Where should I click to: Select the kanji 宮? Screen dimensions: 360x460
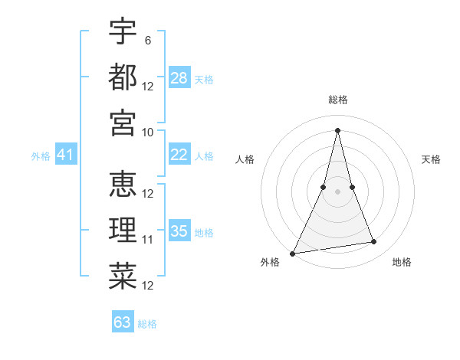(123, 123)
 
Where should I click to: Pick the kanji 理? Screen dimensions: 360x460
(123, 230)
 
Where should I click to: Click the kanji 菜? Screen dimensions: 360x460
(123, 276)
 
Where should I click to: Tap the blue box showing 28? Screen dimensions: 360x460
(179, 78)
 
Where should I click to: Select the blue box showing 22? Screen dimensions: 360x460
(179, 155)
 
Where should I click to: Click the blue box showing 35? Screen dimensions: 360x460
(179, 231)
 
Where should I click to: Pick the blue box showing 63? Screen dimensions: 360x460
(123, 322)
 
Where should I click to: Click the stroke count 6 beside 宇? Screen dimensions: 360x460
(147, 40)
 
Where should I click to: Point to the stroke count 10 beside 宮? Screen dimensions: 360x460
(148, 132)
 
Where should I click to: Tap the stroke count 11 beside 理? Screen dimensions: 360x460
(148, 240)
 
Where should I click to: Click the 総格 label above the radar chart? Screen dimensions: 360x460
(338, 100)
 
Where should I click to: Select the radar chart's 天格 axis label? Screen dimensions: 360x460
(432, 159)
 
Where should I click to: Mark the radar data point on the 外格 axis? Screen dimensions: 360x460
(293, 253)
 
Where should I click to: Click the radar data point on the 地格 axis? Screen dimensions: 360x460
(374, 242)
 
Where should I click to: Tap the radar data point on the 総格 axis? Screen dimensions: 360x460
(338, 129)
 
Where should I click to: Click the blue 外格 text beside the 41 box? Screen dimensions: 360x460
(41, 156)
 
